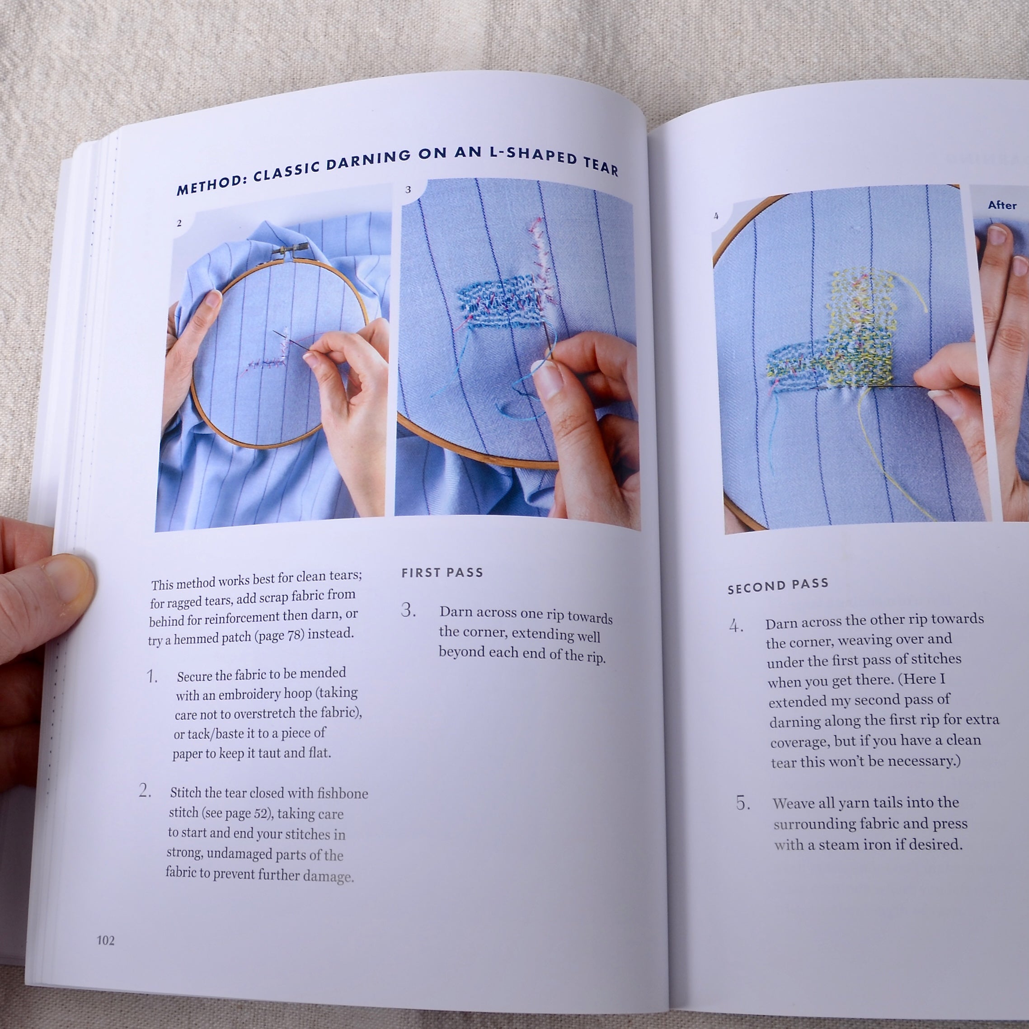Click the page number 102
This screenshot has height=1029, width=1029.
pyautogui.click(x=105, y=940)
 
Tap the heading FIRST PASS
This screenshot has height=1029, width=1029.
pyautogui.click(x=442, y=573)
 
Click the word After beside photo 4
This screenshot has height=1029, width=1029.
pyautogui.click(x=1002, y=205)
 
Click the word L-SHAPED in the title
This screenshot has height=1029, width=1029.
pyautogui.click(x=533, y=155)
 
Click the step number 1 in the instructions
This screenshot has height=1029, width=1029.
pyautogui.click(x=152, y=677)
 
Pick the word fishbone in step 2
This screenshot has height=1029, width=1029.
pyautogui.click(x=343, y=794)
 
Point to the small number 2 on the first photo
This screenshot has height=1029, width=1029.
pyautogui.click(x=179, y=223)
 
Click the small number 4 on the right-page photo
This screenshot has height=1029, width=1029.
pyautogui.click(x=716, y=216)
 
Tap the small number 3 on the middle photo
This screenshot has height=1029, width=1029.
pyautogui.click(x=408, y=190)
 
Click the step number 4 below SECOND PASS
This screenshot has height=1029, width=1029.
pyautogui.click(x=737, y=626)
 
